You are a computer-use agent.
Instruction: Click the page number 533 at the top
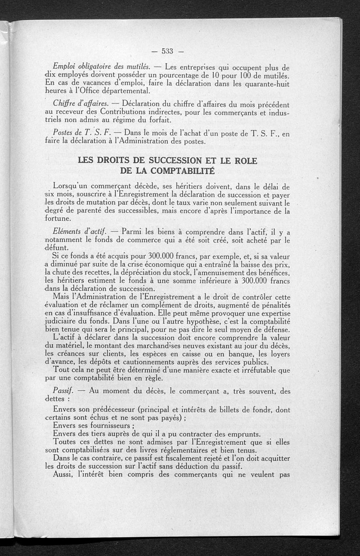click(x=167, y=50)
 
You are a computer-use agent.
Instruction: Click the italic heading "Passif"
click(x=62, y=391)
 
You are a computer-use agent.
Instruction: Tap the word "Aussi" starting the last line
click(x=63, y=475)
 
